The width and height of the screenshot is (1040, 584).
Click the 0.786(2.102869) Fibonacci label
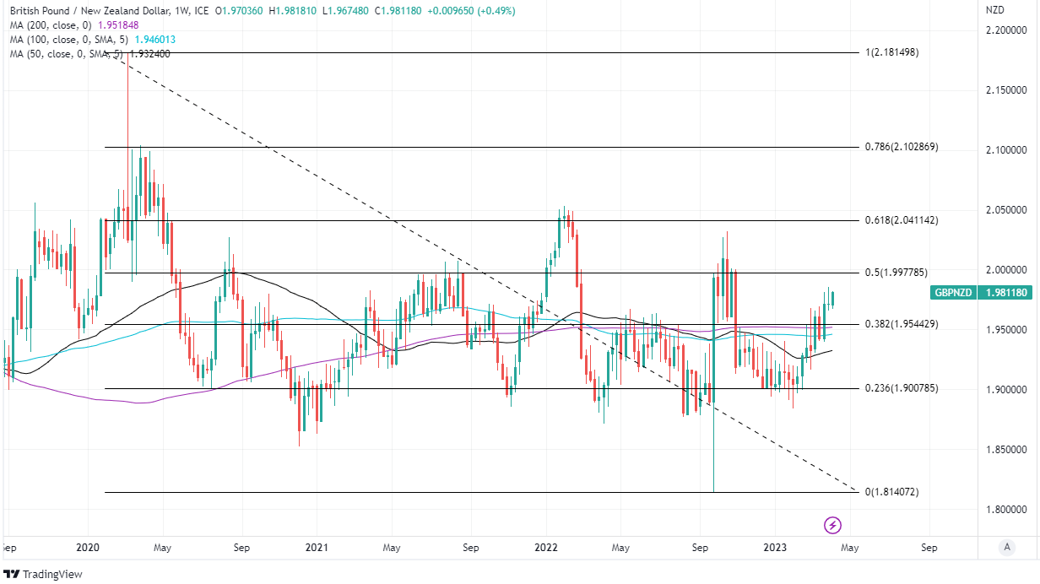click(x=902, y=147)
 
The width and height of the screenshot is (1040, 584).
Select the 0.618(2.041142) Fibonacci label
click(x=902, y=220)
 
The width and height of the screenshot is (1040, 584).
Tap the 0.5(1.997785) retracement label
click(x=896, y=273)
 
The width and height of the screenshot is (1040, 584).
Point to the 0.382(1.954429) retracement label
click(x=902, y=324)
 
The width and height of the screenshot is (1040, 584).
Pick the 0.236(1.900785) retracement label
click(x=902, y=388)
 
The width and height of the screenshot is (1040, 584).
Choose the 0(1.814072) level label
click(x=891, y=491)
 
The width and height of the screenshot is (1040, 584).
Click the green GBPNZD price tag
click(x=956, y=293)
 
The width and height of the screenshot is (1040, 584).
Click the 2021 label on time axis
click(x=317, y=548)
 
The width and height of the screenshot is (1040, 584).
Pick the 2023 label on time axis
click(x=774, y=548)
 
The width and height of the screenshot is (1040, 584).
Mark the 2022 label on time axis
click(x=545, y=548)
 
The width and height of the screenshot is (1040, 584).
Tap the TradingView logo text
click(x=52, y=574)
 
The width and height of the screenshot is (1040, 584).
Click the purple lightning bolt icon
click(x=832, y=526)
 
